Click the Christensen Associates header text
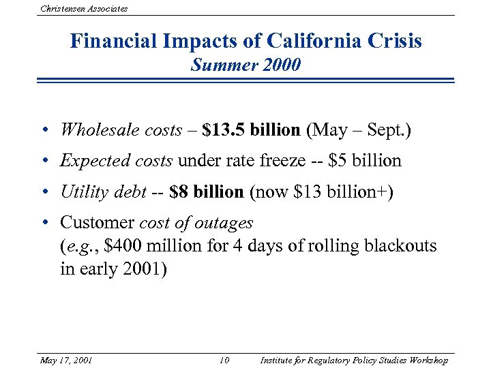(x=84, y=9)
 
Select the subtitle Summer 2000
(x=245, y=65)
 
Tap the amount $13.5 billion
(x=251, y=129)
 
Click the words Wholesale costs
(x=121, y=129)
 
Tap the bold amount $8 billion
(x=206, y=192)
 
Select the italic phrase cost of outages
(x=196, y=223)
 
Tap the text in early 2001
(x=113, y=269)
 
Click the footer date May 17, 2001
(x=66, y=360)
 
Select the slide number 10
(x=225, y=360)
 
